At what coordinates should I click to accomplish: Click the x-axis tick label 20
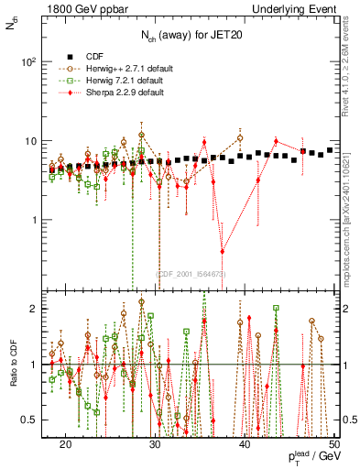pos(65,444)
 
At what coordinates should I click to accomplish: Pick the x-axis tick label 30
pos(155,444)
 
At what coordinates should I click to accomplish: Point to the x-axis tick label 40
pos(245,444)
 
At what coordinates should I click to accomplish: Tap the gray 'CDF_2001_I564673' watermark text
pos(191,273)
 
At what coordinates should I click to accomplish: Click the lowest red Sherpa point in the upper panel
pos(223,251)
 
